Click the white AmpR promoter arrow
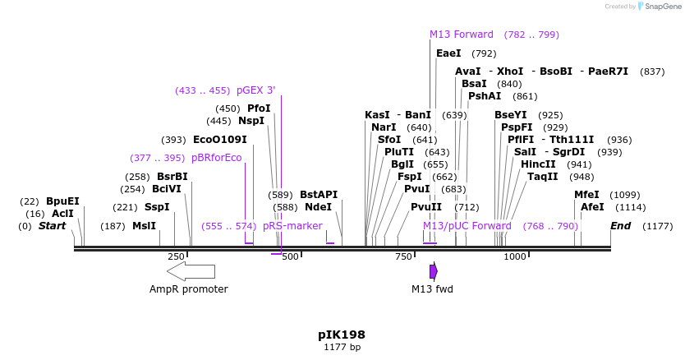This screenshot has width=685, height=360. [191, 272]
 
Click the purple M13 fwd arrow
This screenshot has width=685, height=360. [434, 271]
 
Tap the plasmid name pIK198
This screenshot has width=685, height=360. [342, 335]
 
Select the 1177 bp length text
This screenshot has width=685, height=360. [342, 348]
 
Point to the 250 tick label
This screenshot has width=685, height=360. [177, 256]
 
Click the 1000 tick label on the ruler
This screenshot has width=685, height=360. [515, 256]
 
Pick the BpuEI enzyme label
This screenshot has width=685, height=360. [62, 201]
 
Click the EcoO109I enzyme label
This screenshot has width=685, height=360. [219, 140]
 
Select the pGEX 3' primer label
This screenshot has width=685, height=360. [256, 90]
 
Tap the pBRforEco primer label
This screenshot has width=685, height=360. [217, 158]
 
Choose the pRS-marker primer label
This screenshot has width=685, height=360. [292, 226]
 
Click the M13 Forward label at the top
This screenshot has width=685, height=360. [462, 35]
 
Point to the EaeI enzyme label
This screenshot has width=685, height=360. [448, 53]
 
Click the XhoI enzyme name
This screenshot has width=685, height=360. [510, 72]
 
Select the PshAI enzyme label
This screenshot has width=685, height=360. [485, 96]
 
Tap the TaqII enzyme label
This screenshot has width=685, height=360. [542, 177]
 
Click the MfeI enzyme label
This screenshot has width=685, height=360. [587, 195]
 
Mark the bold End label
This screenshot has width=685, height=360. [621, 226]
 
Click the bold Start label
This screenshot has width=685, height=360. [52, 226]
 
